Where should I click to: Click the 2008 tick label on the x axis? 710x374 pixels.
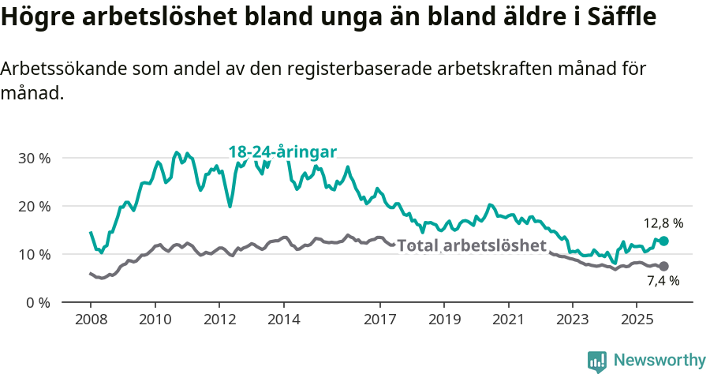pyautogui.click(x=91, y=320)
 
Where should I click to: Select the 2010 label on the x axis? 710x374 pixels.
pyautogui.click(x=155, y=320)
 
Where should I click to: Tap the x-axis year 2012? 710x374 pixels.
pyautogui.click(x=219, y=320)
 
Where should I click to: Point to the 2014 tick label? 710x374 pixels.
pyautogui.click(x=283, y=320)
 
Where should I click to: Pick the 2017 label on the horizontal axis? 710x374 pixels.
pyautogui.click(x=379, y=320)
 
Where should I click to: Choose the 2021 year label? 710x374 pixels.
pyautogui.click(x=508, y=320)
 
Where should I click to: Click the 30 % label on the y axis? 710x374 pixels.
pyautogui.click(x=34, y=158)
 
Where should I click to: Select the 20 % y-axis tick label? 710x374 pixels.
pyautogui.click(x=34, y=206)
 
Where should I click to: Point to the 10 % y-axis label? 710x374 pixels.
pyautogui.click(x=34, y=254)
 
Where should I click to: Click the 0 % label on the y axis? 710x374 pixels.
pyautogui.click(x=37, y=302)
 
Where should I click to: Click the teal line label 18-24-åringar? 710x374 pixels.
pyautogui.click(x=283, y=151)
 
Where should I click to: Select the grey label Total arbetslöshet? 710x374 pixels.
pyautogui.click(x=472, y=246)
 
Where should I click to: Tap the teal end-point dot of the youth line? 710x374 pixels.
pyautogui.click(x=663, y=241)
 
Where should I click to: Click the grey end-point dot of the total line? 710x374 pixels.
pyautogui.click(x=663, y=267)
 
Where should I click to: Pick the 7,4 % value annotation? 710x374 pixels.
pyautogui.click(x=663, y=281)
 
